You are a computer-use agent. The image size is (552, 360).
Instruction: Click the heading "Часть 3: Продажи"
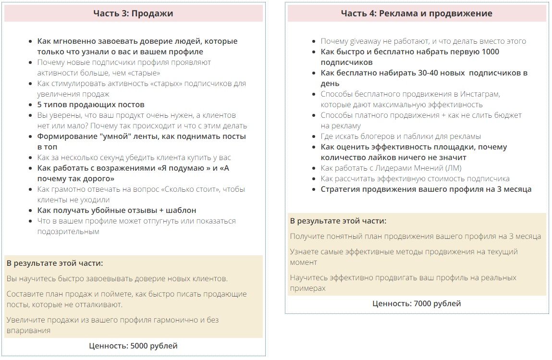133,13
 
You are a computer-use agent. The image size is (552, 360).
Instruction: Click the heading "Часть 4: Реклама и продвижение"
417,13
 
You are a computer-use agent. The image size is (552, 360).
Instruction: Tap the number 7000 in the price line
422,303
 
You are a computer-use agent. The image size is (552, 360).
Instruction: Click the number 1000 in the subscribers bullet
489,52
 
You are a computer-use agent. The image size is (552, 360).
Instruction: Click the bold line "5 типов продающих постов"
91,105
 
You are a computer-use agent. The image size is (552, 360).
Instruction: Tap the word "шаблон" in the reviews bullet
179,211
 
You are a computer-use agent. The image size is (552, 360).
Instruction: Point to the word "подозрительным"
68,232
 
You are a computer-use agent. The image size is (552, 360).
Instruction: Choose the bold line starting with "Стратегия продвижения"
426,189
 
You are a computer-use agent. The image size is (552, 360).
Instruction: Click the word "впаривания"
28,331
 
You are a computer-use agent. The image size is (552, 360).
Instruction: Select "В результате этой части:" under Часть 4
338,221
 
